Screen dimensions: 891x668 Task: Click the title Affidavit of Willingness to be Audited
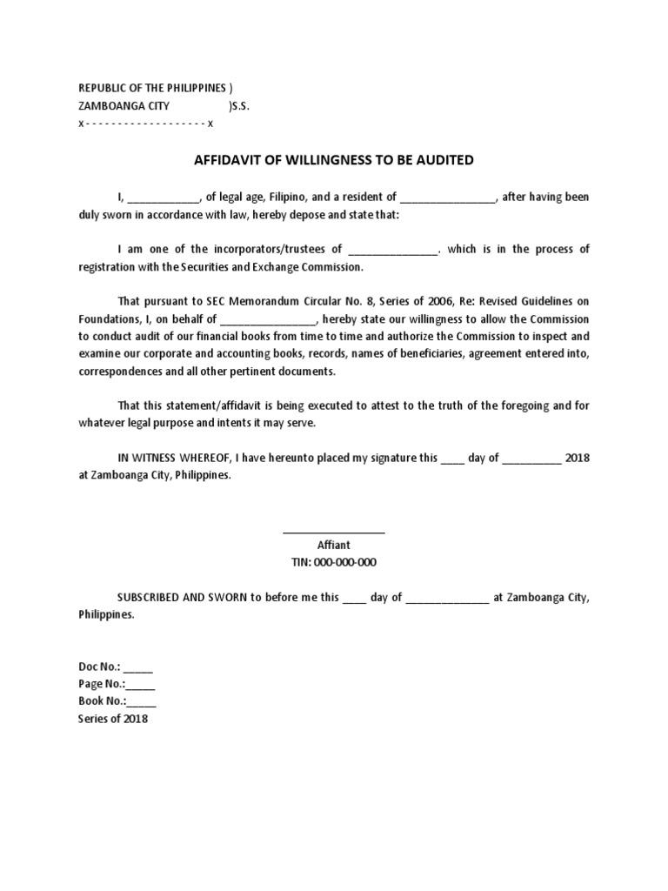point(333,160)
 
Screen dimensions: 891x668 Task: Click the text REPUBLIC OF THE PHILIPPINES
point(152,89)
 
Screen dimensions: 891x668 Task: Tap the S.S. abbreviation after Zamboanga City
point(238,106)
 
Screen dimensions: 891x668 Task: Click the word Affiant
point(333,545)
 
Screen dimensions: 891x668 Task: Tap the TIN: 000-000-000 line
point(333,562)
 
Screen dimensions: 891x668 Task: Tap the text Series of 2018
point(113,720)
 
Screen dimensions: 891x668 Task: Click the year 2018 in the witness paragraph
point(577,458)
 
